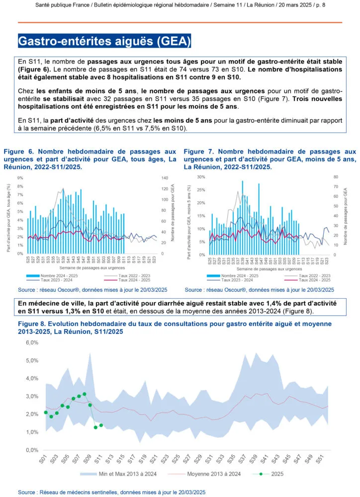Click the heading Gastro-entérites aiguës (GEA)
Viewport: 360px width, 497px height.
104,41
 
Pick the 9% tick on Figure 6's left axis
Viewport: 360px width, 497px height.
20,177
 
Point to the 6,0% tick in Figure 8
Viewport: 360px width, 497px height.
32,343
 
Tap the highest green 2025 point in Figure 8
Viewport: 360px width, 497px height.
85,394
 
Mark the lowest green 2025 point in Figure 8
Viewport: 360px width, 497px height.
95,427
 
